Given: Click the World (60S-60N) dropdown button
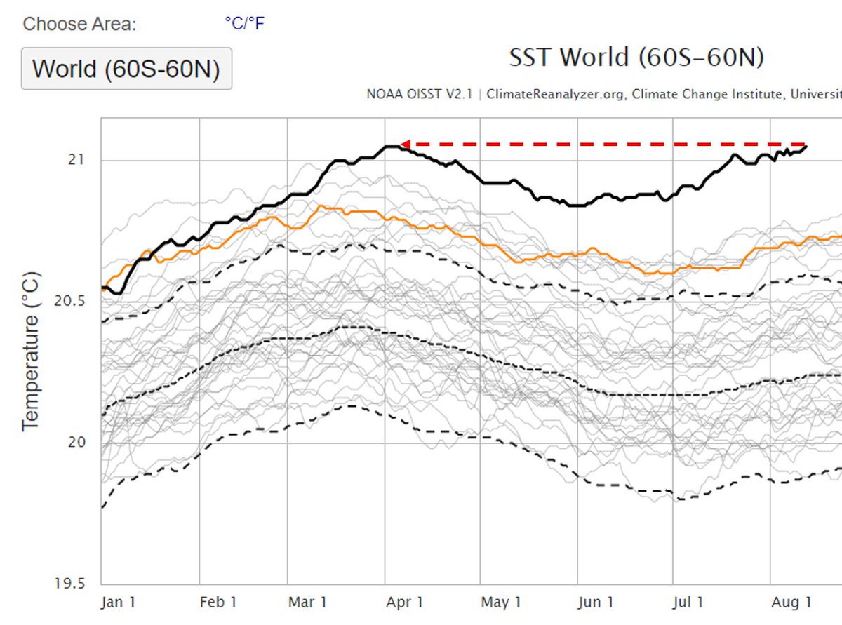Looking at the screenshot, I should [126, 69].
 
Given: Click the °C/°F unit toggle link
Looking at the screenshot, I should [244, 24].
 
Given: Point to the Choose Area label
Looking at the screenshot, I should [79, 25].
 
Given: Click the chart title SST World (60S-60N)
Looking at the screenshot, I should [636, 58].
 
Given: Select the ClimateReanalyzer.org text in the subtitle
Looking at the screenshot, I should [555, 94].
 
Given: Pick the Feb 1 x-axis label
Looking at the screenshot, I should [218, 602].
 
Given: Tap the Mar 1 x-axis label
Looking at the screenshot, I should [308, 602].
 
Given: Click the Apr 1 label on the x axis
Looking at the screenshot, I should [405, 602].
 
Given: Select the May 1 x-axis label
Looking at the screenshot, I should [501, 602].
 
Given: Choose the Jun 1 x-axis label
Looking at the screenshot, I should [596, 602].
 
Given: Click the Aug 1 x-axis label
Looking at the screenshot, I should [792, 602].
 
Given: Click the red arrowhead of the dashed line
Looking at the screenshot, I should [405, 145].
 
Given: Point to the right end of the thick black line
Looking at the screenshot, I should [806, 147].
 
